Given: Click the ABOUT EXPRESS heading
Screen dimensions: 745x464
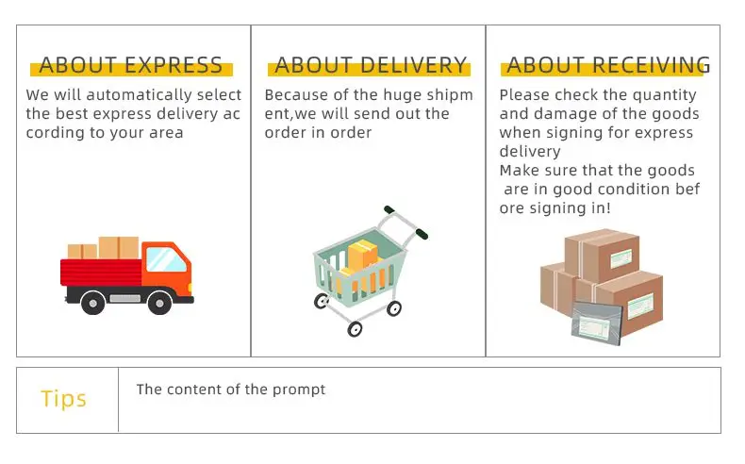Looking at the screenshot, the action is point(131,65).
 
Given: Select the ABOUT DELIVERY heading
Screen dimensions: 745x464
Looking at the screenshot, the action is point(371,65).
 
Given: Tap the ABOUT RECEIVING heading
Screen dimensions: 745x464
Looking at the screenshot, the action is point(608,65).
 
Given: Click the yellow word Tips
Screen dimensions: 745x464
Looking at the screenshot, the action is point(64,399).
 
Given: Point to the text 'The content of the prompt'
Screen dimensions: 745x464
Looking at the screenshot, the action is point(231,389).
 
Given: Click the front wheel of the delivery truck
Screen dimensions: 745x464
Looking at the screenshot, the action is point(157,302).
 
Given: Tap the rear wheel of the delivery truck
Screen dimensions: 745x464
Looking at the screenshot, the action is point(92,302).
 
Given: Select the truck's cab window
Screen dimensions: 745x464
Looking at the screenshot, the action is point(166,258).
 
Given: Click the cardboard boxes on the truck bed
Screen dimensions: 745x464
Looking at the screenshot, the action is point(105,248).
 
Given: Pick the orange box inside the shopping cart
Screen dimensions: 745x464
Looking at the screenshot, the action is point(362,254).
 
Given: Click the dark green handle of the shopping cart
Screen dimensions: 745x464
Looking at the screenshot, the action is point(418,232).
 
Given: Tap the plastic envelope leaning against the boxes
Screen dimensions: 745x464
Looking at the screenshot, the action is point(597,322).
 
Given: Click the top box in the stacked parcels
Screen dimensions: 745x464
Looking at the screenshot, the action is point(602,253).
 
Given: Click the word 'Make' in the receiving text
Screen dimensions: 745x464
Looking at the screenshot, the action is point(517,171).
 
